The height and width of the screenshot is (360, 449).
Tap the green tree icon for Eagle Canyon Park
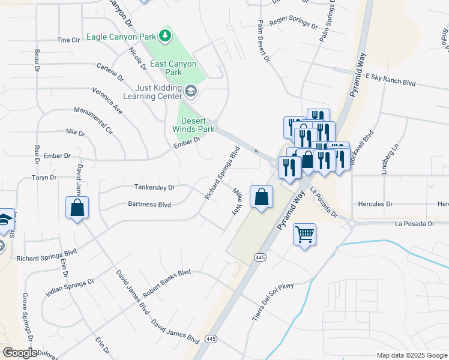click(x=166, y=37)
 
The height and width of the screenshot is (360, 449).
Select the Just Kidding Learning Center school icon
click(x=191, y=91)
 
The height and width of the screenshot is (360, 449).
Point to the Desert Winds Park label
click(x=193, y=124)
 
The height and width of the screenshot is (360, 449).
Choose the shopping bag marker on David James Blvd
click(x=77, y=208)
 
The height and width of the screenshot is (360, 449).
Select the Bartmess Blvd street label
click(x=149, y=205)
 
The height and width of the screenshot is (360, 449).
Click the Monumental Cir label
click(x=94, y=120)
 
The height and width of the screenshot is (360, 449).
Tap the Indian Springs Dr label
click(x=70, y=288)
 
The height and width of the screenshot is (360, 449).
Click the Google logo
click(x=19, y=353)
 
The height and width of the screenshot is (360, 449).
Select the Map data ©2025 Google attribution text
click(x=412, y=355)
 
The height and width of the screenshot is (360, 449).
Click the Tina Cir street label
click(x=68, y=40)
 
